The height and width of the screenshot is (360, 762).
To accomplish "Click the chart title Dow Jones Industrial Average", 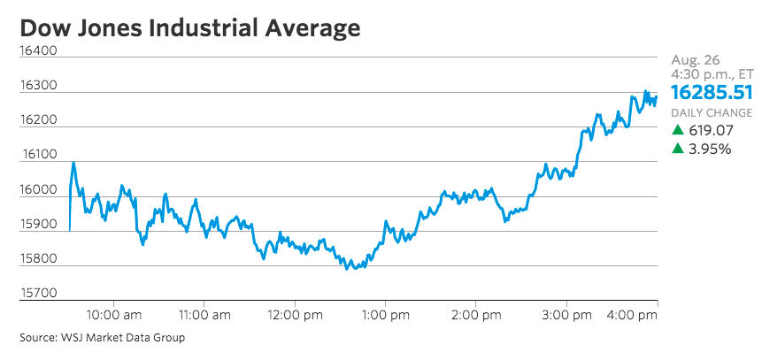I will pyautogui.click(x=189, y=27).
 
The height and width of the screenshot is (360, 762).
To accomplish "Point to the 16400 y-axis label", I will pyautogui.click(x=38, y=51).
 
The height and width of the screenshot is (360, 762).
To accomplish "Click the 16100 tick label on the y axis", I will pyautogui.click(x=38, y=155).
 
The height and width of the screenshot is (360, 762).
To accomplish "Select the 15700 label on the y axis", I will pyautogui.click(x=38, y=293).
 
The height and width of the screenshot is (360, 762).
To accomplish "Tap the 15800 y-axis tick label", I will pyautogui.click(x=38, y=259).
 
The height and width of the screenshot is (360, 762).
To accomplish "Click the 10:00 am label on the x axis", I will pyautogui.click(x=114, y=314).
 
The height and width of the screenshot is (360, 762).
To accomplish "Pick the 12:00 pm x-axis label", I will pyautogui.click(x=295, y=314).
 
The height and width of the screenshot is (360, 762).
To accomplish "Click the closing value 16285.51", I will pyautogui.click(x=712, y=92).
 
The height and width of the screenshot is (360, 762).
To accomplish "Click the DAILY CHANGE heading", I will pyautogui.click(x=712, y=113).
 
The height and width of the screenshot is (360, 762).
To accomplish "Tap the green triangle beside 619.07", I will pyautogui.click(x=678, y=130).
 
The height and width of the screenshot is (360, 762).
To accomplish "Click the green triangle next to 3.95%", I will pyautogui.click(x=678, y=149).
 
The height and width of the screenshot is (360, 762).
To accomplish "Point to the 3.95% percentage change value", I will pyautogui.click(x=711, y=149).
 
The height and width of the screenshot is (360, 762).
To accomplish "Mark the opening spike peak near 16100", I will pyautogui.click(x=73, y=163).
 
